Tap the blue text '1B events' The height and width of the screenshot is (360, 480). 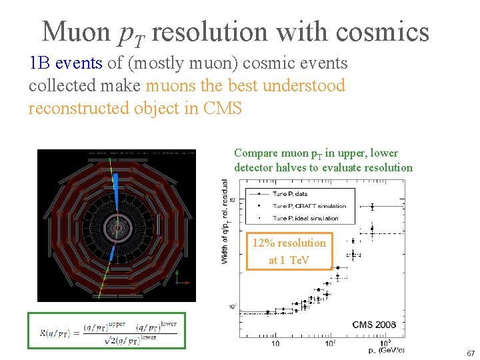coord(65,63)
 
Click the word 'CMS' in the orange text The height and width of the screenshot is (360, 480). coord(222,108)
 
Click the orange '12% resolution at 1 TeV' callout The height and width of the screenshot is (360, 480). coord(289,251)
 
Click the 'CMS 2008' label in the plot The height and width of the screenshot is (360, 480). coord(374,325)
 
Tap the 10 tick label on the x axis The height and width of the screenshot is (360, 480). coord(275,343)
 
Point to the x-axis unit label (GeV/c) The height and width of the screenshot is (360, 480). coord(386,350)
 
